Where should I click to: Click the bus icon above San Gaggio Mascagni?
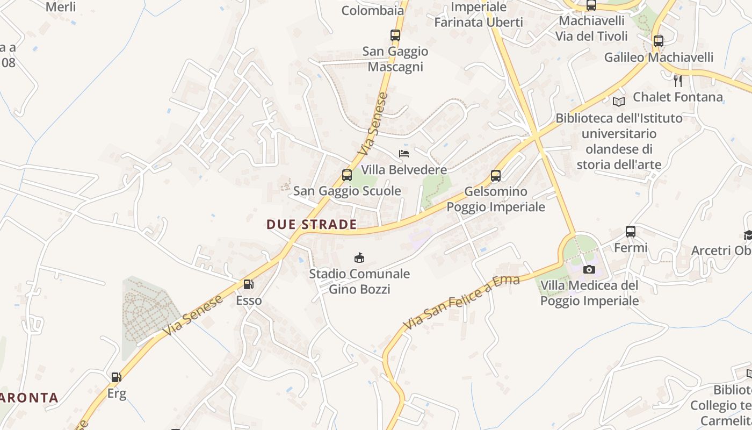pyautogui.click(x=395, y=36)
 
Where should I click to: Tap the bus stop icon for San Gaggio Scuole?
pyautogui.click(x=347, y=175)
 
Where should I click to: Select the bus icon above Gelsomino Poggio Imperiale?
pyautogui.click(x=496, y=176)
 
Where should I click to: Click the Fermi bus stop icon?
pyautogui.click(x=631, y=232)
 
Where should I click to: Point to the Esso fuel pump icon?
pyautogui.click(x=248, y=284)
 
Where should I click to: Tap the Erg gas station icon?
pyautogui.click(x=117, y=377)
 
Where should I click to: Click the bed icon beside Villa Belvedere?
pyautogui.click(x=404, y=154)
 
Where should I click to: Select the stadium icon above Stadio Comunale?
pyautogui.click(x=359, y=258)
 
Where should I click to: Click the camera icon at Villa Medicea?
pyautogui.click(x=589, y=269)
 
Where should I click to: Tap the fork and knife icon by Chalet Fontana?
pyautogui.click(x=678, y=81)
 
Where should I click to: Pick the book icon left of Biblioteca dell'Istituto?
pyautogui.click(x=619, y=102)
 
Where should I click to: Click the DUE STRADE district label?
pyautogui.click(x=312, y=225)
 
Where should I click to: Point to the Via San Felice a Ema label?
pyautogui.click(x=461, y=303)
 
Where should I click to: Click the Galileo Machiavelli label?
pyautogui.click(x=659, y=57)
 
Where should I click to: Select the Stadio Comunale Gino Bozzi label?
pyautogui.click(x=359, y=282)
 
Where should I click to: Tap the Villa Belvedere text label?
pyautogui.click(x=404, y=170)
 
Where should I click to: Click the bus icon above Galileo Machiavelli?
pyautogui.click(x=659, y=41)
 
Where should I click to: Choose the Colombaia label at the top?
pyautogui.click(x=372, y=10)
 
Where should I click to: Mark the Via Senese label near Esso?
pyautogui.click(x=194, y=316)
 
